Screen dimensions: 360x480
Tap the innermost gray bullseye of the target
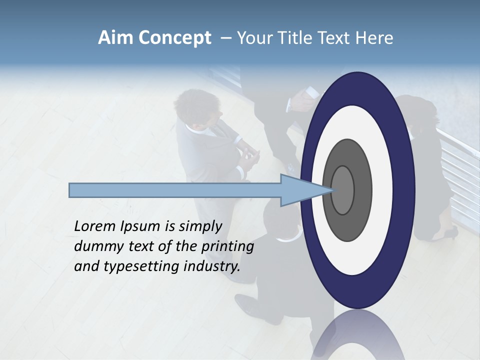(342, 190)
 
